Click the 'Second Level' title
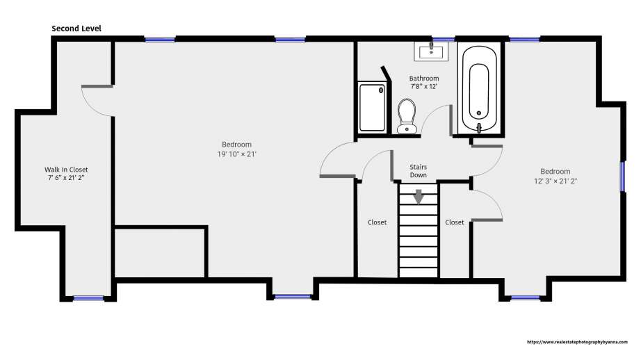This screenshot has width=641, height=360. tap(76, 28)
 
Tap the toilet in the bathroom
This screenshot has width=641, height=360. tap(407, 117)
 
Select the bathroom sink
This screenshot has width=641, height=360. tap(431, 51)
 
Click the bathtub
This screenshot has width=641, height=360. tap(479, 89)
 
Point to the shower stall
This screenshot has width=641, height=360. tap(372, 108)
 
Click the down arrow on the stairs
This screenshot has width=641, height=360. tap(419, 197)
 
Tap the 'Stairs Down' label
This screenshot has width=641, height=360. tap(419, 171)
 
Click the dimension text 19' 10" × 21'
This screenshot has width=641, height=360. tap(236, 154)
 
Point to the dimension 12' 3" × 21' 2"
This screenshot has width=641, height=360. tap(555, 181)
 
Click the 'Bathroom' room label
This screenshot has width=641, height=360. tap(424, 78)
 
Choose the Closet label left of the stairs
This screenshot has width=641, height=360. tap(377, 222)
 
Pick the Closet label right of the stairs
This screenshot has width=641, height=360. tap(454, 222)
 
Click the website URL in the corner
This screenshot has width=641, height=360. tap(577, 342)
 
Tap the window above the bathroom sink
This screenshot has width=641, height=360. tap(443, 39)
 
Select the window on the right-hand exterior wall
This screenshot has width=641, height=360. tap(623, 177)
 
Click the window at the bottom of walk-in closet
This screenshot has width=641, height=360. tap(88, 298)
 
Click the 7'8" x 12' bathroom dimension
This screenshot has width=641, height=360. tap(424, 87)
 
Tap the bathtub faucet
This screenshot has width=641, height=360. tap(479, 128)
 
